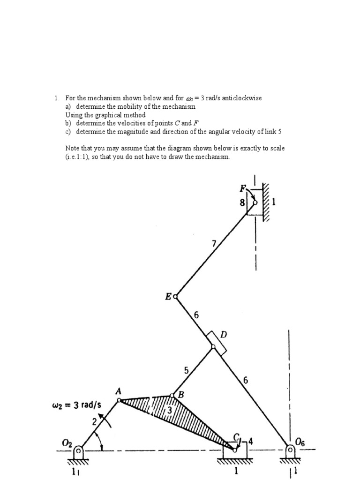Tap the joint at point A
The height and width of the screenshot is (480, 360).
point(119,400)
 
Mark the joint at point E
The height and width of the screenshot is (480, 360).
point(176,296)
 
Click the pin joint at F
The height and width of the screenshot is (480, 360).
point(255,202)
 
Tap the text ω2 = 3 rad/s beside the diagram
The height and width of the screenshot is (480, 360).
point(77,404)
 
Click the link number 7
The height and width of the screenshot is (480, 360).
point(214,243)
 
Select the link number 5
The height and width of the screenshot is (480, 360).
point(186,370)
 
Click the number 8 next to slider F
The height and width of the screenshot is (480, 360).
point(242,203)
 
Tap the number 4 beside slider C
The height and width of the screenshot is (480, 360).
point(250,441)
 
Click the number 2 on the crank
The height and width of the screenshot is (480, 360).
point(94,421)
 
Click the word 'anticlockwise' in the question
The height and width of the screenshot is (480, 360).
point(239,98)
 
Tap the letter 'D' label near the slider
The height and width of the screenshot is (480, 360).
point(224,334)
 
